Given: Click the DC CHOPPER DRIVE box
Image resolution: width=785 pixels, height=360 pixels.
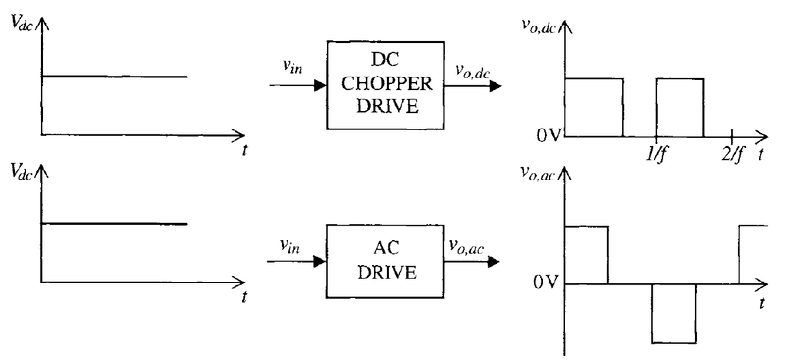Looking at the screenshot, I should point(385,85).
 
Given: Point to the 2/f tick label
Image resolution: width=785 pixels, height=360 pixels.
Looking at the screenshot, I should point(733,155).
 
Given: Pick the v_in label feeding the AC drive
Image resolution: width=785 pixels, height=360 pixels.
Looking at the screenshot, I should point(290,247).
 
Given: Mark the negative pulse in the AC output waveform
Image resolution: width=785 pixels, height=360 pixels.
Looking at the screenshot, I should point(673,314).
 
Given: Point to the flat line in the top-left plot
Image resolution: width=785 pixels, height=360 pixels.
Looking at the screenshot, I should point(113,76).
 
